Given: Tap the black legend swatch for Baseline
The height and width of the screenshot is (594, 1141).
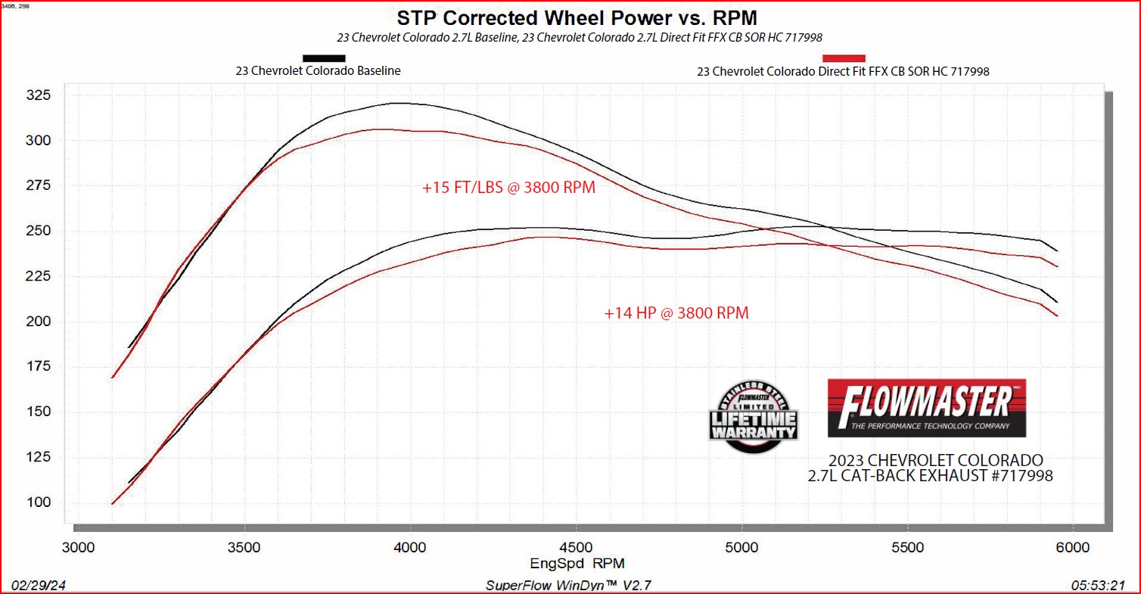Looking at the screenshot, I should (x=324, y=58).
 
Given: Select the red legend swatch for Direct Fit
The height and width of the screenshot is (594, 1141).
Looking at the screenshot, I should (x=844, y=58).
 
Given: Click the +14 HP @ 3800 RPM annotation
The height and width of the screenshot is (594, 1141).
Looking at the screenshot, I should (x=676, y=313).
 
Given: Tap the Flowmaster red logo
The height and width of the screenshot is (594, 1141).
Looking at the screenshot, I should (x=927, y=408).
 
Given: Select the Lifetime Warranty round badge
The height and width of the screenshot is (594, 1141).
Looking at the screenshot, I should (x=754, y=418).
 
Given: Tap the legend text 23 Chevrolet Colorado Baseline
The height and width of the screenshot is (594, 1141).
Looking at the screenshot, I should (x=318, y=71).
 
